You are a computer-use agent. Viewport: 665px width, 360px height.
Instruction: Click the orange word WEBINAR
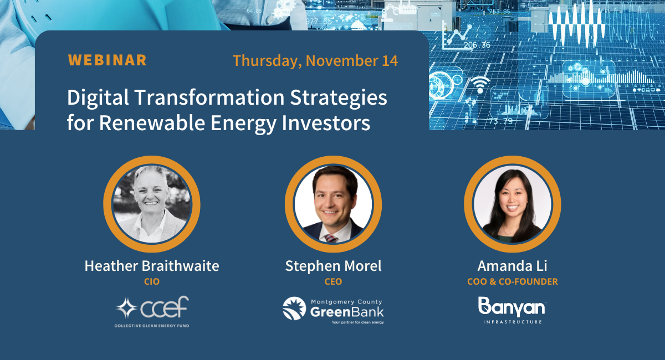tap(107, 60)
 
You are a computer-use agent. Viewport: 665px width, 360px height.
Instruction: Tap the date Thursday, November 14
tap(315, 60)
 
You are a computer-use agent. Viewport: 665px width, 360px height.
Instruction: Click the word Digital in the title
tap(100, 98)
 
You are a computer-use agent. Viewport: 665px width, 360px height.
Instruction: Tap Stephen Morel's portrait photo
tap(332, 204)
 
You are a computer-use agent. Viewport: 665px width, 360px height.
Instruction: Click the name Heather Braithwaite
tap(152, 266)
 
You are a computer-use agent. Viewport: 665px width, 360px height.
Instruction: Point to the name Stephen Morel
tap(333, 266)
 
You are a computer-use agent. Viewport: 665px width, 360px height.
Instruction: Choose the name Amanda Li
tap(512, 266)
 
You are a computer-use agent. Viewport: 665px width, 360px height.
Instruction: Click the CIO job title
tap(151, 281)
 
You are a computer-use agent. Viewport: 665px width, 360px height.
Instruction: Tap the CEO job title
tap(333, 281)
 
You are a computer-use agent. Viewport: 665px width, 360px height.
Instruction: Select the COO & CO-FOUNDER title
tap(512, 281)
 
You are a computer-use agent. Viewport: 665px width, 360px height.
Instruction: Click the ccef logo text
tap(165, 308)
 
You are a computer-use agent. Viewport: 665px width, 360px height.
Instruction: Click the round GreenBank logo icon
tap(294, 308)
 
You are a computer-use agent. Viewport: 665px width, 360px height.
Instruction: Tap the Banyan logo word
tap(511, 306)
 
